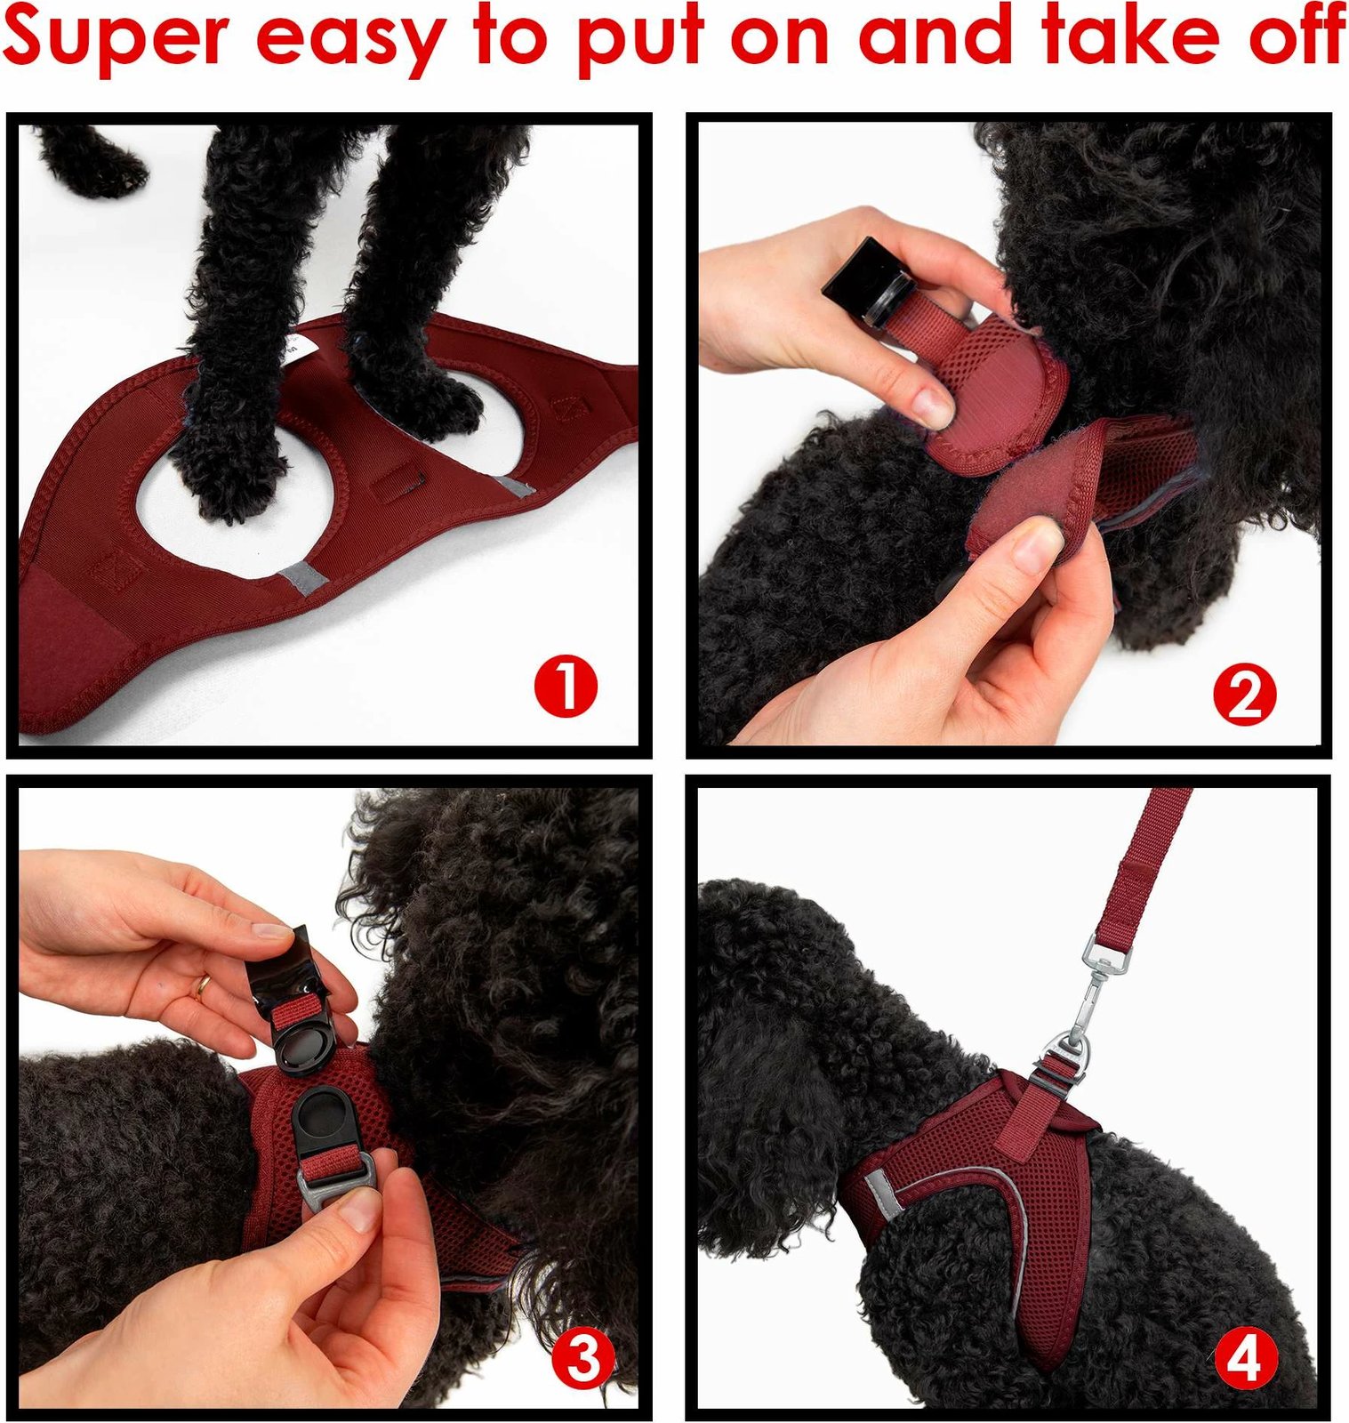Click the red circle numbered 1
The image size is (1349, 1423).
click(566, 686)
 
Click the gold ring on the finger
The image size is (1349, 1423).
click(204, 985)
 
